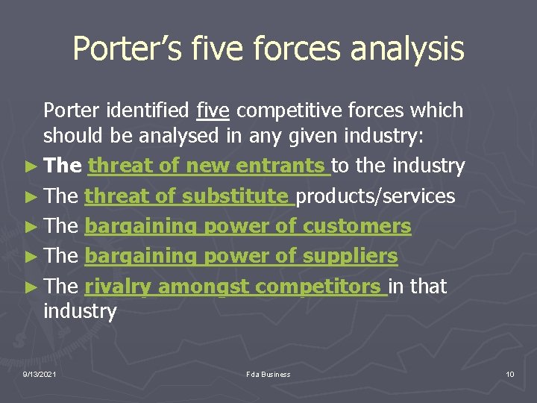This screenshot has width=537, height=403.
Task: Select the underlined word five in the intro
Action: (213, 111)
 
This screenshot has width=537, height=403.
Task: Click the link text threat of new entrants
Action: (209, 166)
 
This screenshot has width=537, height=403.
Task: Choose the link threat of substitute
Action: (189, 196)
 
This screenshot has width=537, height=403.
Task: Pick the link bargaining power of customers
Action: (248, 226)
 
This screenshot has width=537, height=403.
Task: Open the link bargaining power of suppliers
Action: (242, 256)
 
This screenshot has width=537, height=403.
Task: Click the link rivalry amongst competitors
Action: (236, 286)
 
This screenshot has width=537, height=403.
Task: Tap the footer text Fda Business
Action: (268, 374)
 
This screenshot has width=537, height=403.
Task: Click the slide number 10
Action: (509, 374)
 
